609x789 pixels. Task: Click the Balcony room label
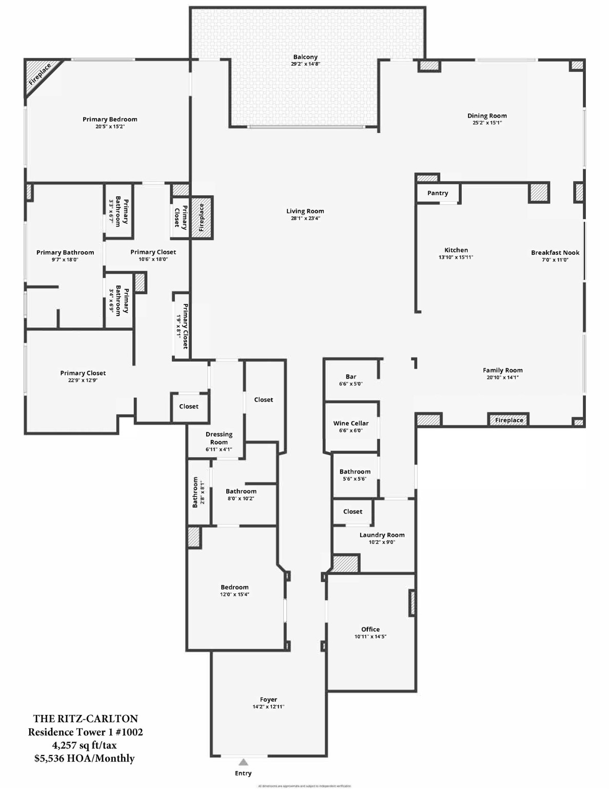click(x=305, y=57)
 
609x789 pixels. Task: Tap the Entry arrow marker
click(x=244, y=762)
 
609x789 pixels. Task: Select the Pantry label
click(x=438, y=193)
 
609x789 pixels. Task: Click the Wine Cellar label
click(x=351, y=423)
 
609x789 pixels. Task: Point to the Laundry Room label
click(x=382, y=535)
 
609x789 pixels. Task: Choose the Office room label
click(x=370, y=629)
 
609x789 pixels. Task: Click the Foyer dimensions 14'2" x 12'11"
click(x=268, y=707)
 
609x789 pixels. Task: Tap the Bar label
click(x=351, y=377)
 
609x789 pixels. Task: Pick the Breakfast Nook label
click(x=555, y=253)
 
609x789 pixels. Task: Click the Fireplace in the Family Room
click(x=509, y=420)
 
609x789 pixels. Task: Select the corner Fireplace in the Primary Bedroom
click(x=40, y=74)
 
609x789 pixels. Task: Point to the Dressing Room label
click(x=219, y=438)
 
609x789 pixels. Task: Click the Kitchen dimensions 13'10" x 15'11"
click(x=456, y=257)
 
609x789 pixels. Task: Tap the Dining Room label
click(x=487, y=116)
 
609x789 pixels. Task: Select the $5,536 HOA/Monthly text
click(x=85, y=759)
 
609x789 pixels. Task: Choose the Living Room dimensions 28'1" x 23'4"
click(x=305, y=218)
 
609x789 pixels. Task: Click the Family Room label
click(x=503, y=370)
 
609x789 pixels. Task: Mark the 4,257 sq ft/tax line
click(x=85, y=745)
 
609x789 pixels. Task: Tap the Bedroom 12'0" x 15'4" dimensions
click(x=234, y=595)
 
